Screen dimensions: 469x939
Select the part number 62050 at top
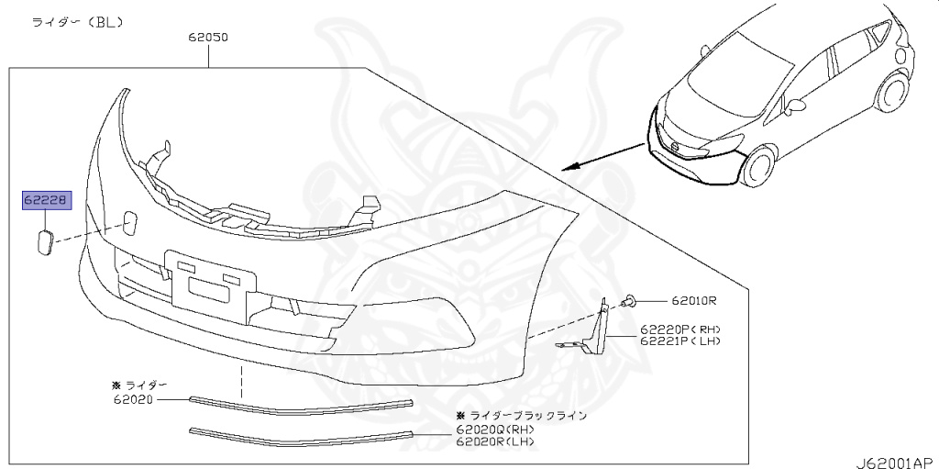209,39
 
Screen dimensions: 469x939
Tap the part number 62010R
693,300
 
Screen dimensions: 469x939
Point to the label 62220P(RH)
680,329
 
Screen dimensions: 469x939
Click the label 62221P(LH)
680,341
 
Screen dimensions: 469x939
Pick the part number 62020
133,399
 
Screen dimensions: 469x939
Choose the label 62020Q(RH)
494,430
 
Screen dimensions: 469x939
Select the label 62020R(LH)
494,442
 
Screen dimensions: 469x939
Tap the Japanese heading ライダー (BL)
78,20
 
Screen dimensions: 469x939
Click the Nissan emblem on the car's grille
676,146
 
